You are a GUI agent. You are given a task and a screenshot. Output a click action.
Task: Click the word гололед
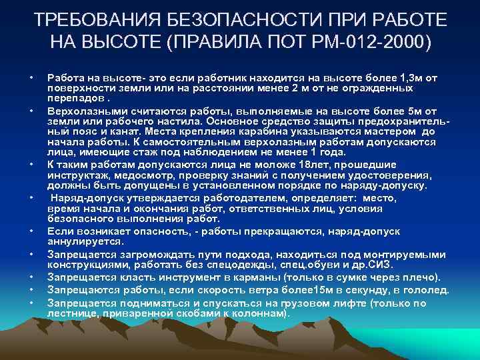[427, 289]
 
